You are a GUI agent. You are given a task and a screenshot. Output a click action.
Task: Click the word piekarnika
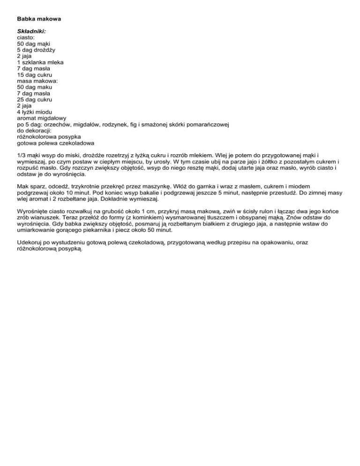pyautogui.click(x=93, y=231)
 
